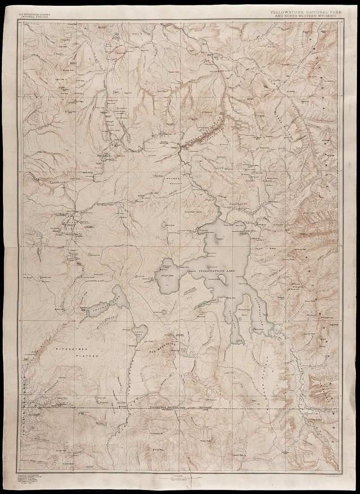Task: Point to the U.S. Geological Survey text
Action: point(35,14)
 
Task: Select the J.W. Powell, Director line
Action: point(35,17)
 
